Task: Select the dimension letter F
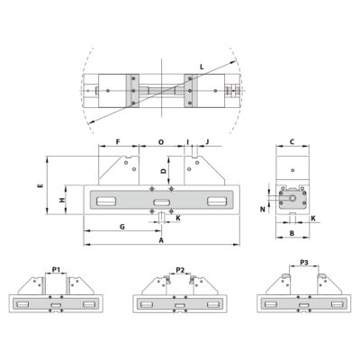(x=119, y=141)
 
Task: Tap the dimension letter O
(x=161, y=141)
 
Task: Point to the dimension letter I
(x=187, y=141)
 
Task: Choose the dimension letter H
(x=61, y=200)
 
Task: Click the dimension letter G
(x=121, y=227)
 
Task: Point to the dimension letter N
(x=263, y=209)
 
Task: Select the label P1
(x=56, y=269)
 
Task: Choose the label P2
(x=180, y=269)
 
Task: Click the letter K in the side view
(x=312, y=218)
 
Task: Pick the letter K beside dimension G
(x=177, y=218)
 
